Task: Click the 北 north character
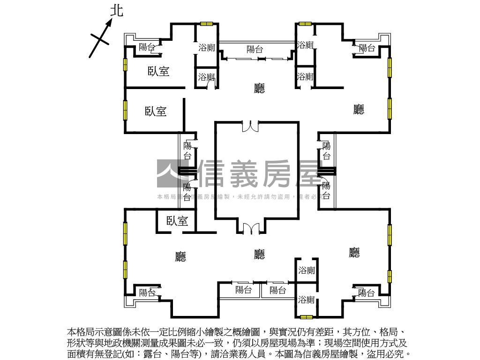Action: [x=117, y=10]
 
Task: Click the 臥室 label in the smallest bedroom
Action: [x=177, y=221]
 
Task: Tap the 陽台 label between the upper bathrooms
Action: [x=255, y=49]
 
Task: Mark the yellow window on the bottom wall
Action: [x=307, y=317]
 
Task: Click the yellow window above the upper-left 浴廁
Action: [x=206, y=23]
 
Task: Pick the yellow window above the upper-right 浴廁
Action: [x=305, y=23]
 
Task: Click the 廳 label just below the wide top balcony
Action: [x=259, y=88]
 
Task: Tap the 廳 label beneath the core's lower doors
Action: [x=259, y=254]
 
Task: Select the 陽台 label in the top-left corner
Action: [x=147, y=47]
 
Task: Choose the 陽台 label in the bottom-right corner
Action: [x=367, y=293]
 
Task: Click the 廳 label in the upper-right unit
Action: [x=359, y=109]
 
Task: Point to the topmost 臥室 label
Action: [x=158, y=71]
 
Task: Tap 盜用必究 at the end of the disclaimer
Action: [x=392, y=354]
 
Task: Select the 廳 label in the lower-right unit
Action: [x=354, y=253]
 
